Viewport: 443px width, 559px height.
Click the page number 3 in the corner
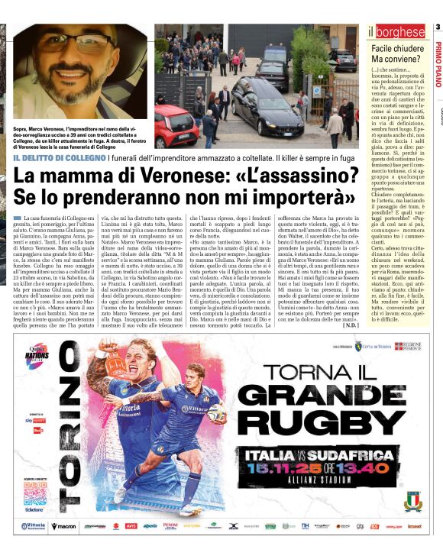438,27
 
